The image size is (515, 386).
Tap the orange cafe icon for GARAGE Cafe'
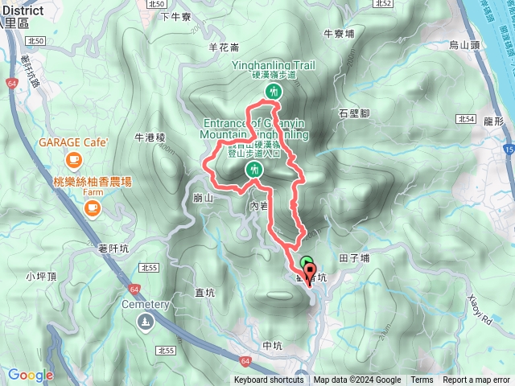(x=73, y=159)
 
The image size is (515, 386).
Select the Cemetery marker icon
(x=145, y=322)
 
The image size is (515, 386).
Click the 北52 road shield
(x=384, y=4)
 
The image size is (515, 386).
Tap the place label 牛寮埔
(x=339, y=34)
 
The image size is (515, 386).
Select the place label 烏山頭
(x=464, y=45)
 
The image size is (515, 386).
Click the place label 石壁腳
(x=354, y=113)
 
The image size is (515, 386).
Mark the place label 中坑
(x=274, y=346)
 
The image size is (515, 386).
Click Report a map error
(x=476, y=380)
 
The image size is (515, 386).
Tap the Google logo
(x=30, y=375)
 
